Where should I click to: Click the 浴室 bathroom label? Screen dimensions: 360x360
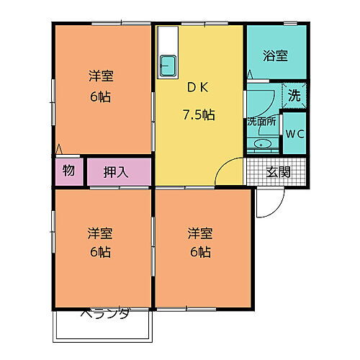click(x=275, y=54)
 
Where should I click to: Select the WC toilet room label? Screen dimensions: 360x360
click(x=294, y=133)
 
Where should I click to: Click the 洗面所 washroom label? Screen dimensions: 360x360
click(x=261, y=122)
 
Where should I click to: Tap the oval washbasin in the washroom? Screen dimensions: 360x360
click(x=261, y=144)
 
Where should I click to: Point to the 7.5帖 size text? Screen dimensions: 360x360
click(x=198, y=114)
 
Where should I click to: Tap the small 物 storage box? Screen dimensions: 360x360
click(x=68, y=171)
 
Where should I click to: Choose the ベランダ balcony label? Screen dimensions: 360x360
click(x=104, y=313)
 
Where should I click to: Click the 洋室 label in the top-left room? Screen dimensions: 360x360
click(x=100, y=76)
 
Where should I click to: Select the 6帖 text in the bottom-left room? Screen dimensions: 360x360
click(x=100, y=252)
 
